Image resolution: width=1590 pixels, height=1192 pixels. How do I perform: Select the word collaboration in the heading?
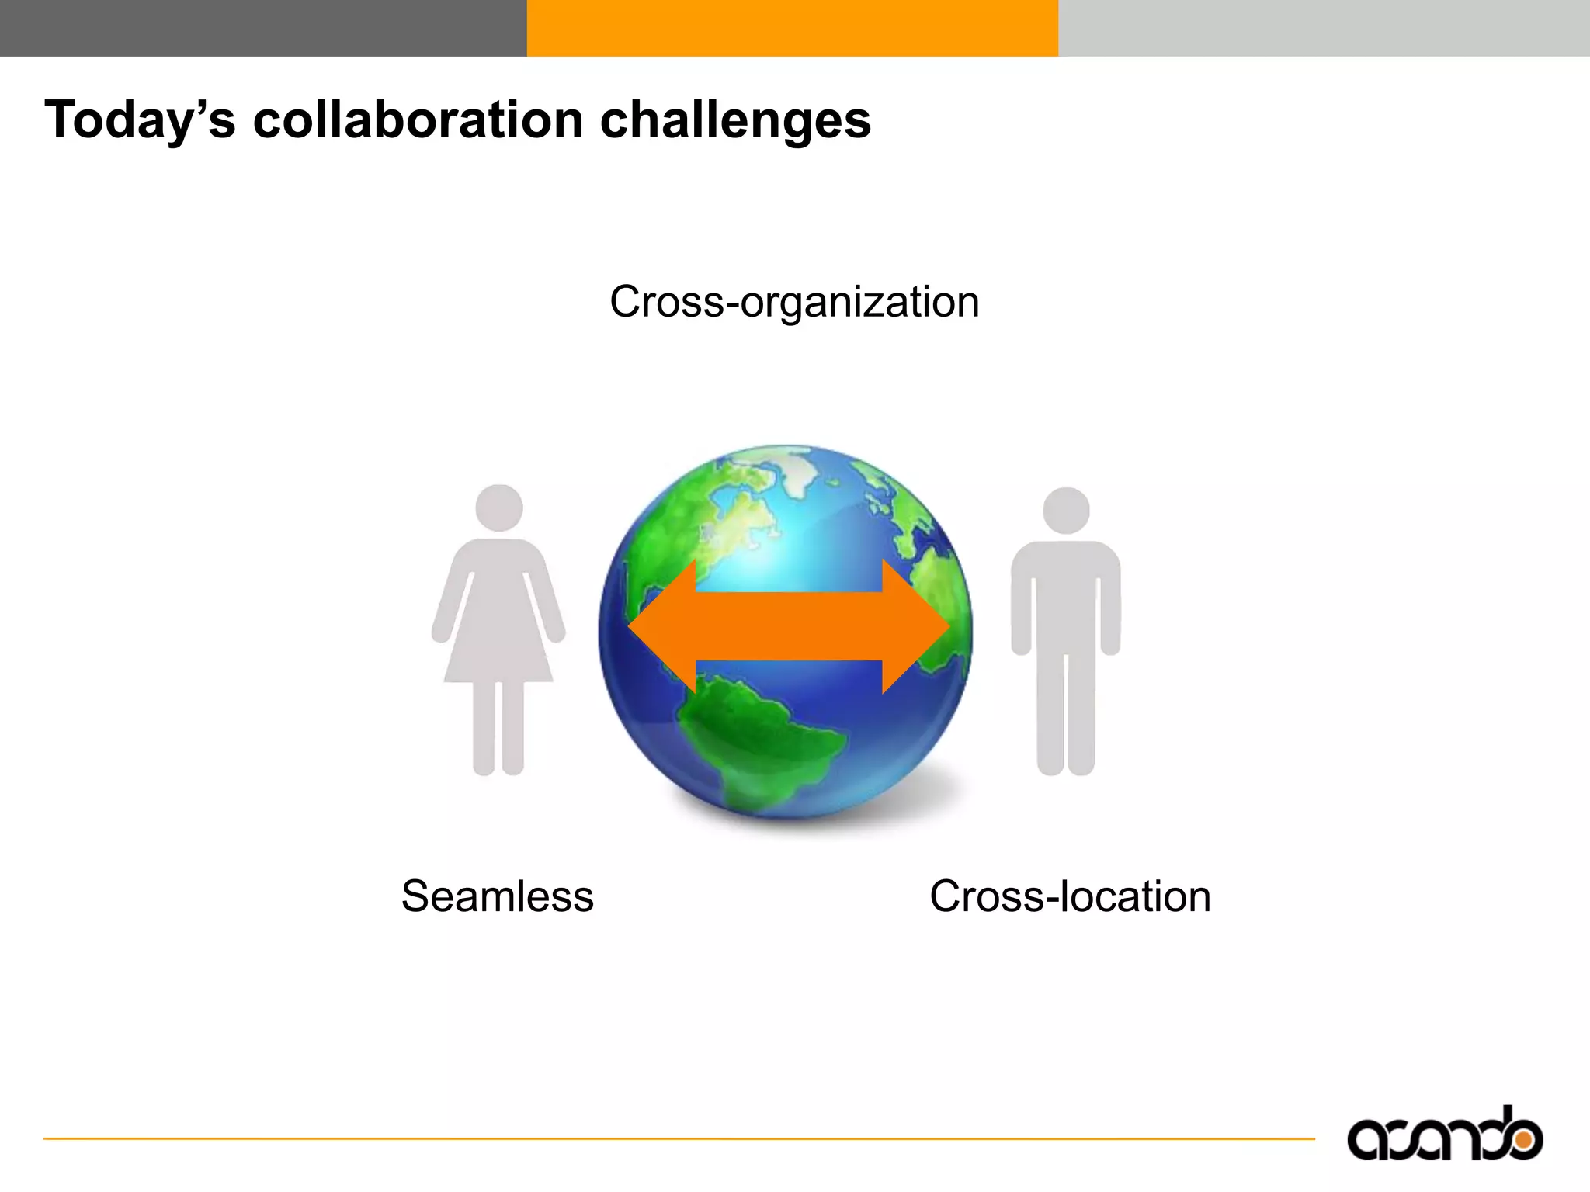(418, 120)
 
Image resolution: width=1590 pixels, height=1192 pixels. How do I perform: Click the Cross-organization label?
(794, 302)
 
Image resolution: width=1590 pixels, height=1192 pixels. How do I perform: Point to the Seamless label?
(498, 896)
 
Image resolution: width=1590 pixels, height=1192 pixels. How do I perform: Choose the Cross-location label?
(1070, 896)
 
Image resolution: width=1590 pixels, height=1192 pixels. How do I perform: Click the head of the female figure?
(499, 508)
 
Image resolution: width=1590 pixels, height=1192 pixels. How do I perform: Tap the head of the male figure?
(1066, 511)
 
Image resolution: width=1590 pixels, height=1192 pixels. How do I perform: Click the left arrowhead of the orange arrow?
(664, 626)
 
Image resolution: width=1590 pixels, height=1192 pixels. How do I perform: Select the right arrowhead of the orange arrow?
(916, 626)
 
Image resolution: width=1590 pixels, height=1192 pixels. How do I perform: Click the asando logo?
(1445, 1135)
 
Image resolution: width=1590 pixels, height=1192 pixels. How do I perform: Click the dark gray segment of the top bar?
(263, 28)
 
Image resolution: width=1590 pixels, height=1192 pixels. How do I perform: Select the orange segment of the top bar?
(793, 28)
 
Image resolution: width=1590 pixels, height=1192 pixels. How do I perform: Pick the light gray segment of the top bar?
(1324, 28)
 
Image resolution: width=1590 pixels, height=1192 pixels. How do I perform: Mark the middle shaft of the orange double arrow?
(789, 626)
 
